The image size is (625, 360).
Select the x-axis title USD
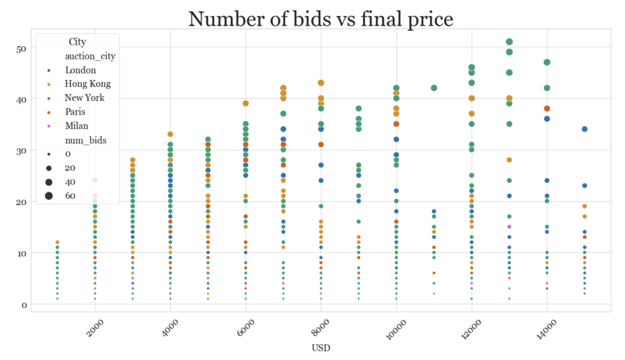[320, 348]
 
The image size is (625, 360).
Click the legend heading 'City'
[77, 42]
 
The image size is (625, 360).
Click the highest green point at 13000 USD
[509, 42]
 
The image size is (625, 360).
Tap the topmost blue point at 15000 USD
[584, 130]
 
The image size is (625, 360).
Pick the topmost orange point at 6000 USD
[246, 104]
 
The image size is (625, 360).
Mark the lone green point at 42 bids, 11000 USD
[434, 88]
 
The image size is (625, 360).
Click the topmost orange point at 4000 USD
[170, 134]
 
